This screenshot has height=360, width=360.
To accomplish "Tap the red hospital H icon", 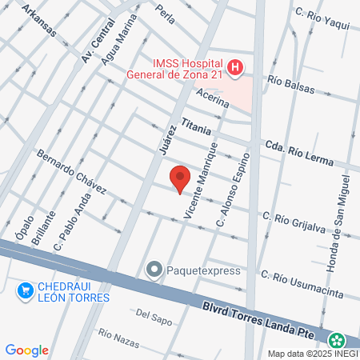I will click(234, 69).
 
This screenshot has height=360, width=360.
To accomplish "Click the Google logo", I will click(26, 350).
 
